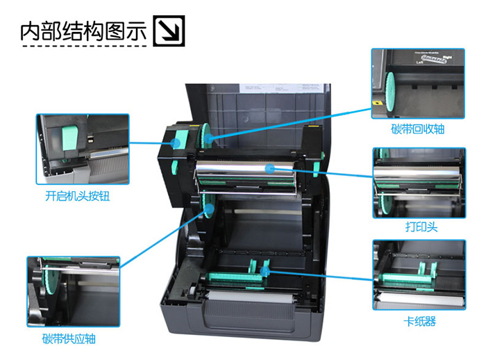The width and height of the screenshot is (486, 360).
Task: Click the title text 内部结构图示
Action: click(x=83, y=31)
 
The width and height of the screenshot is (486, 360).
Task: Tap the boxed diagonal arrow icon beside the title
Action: click(x=169, y=31)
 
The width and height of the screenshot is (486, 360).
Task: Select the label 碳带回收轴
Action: click(x=417, y=129)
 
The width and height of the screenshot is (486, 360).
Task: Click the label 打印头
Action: click(x=421, y=227)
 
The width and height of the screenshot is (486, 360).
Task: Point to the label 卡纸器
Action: click(x=420, y=321)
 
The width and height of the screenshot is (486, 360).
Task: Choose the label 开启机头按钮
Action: click(x=78, y=196)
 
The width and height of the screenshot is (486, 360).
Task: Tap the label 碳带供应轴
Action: click(x=69, y=338)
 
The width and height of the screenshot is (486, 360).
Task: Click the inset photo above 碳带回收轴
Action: click(x=418, y=83)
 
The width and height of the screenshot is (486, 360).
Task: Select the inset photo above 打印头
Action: click(x=419, y=183)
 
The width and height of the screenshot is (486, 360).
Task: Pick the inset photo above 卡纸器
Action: click(x=419, y=275)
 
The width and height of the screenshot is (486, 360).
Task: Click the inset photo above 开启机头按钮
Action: click(x=83, y=149)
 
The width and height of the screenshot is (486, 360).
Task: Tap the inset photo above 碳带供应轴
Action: click(x=74, y=291)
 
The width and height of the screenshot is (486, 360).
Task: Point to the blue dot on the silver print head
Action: click(x=270, y=168)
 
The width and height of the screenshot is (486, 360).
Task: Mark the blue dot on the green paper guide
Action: click(x=265, y=272)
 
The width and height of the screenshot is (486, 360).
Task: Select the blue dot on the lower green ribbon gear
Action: click(x=210, y=208)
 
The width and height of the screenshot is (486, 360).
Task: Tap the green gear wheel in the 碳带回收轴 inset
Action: click(x=389, y=92)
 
